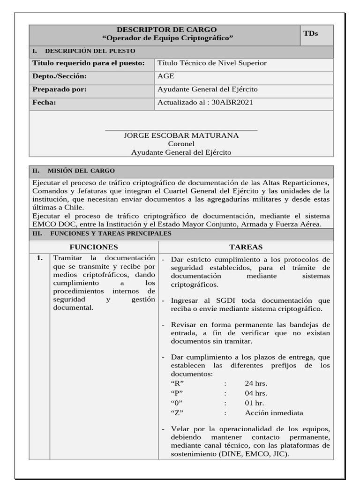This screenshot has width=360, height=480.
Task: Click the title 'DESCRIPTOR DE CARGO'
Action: [167, 30]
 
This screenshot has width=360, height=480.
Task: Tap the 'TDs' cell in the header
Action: [310, 33]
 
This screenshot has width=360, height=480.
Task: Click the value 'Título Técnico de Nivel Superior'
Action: [212, 63]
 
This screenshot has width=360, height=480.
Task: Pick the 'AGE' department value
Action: [166, 76]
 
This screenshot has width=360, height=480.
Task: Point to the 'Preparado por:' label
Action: [60, 90]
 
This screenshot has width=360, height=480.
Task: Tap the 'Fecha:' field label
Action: [44, 102]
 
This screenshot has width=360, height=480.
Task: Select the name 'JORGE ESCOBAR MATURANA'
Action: [181, 135]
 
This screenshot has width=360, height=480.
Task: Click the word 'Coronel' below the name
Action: [181, 144]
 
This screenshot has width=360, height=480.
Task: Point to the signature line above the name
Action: [181, 129]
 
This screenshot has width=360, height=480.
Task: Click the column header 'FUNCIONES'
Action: [94, 247]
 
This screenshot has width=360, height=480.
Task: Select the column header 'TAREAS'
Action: [246, 247]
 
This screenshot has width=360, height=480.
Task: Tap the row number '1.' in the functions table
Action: [40, 258]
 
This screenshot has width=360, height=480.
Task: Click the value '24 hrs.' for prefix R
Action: [256, 383]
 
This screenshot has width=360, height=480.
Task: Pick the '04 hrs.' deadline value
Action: [256, 393]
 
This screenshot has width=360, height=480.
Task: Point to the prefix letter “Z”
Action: [177, 413]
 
